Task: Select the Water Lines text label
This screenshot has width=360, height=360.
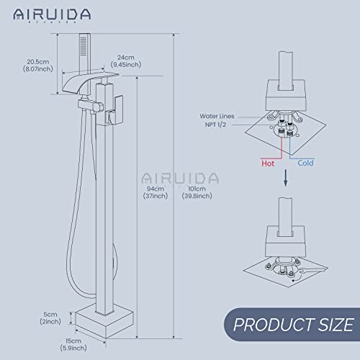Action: [x=220, y=114]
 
